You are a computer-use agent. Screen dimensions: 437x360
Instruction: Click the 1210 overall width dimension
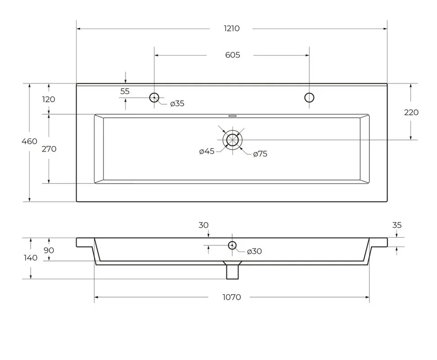click(232, 28)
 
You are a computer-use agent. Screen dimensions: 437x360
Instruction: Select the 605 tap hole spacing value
click(232, 55)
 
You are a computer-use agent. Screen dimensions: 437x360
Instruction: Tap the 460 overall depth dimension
click(29, 141)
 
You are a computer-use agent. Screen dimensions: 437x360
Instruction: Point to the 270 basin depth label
click(49, 149)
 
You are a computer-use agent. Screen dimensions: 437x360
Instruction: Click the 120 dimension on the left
click(49, 99)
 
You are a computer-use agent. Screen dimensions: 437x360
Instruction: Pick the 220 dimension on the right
click(411, 112)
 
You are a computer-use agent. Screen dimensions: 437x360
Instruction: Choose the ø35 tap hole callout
click(177, 103)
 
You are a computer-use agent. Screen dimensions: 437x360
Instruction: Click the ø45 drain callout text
click(207, 151)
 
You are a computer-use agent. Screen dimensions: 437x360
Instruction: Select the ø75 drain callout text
click(260, 154)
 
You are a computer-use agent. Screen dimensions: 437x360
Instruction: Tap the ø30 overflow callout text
click(254, 252)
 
